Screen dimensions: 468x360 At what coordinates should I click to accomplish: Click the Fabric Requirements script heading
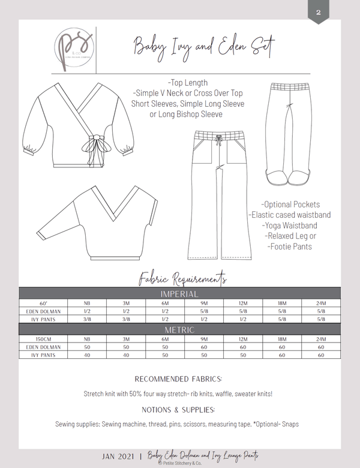182,277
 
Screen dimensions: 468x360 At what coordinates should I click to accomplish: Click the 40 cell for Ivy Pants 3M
126,355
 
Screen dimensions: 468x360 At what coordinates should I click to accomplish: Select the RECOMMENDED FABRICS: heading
180,379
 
